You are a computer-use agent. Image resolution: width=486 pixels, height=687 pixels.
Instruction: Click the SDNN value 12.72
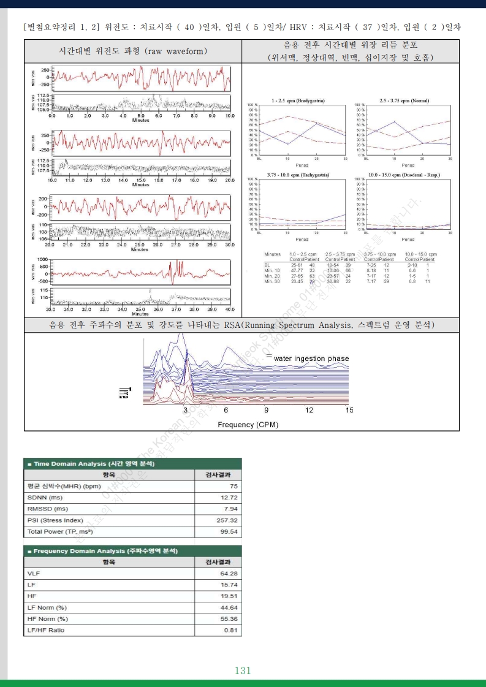click(229, 497)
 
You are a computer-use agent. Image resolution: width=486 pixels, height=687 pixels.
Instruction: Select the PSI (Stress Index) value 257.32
click(226, 520)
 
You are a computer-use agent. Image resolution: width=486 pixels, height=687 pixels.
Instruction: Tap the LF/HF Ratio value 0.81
click(231, 630)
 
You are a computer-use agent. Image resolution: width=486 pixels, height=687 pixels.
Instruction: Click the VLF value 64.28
click(228, 573)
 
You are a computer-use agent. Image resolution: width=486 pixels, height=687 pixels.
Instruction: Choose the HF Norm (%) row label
click(47, 618)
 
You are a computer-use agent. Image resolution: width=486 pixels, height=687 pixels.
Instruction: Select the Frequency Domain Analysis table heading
click(102, 551)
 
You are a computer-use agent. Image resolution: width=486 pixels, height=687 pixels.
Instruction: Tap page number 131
click(243, 670)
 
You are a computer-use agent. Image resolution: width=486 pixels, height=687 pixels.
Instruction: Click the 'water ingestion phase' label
click(311, 359)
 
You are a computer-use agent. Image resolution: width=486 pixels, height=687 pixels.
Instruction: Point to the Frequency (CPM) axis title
click(246, 424)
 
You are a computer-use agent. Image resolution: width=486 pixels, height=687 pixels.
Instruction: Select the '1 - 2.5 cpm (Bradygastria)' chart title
click(298, 100)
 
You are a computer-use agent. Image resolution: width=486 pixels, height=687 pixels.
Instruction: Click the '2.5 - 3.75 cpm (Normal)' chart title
click(404, 100)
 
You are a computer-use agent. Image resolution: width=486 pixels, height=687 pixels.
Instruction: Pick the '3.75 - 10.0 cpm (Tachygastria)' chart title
click(298, 175)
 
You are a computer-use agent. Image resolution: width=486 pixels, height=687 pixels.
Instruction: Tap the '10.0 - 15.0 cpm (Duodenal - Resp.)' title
click(404, 175)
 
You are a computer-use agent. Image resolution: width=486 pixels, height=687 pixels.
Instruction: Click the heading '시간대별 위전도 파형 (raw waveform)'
click(133, 51)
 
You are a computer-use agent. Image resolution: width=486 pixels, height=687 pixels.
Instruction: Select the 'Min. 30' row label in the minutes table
click(272, 281)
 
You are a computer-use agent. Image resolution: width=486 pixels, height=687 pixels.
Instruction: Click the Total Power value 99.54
click(229, 532)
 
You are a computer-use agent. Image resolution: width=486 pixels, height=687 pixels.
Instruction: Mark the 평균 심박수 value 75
click(234, 485)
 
